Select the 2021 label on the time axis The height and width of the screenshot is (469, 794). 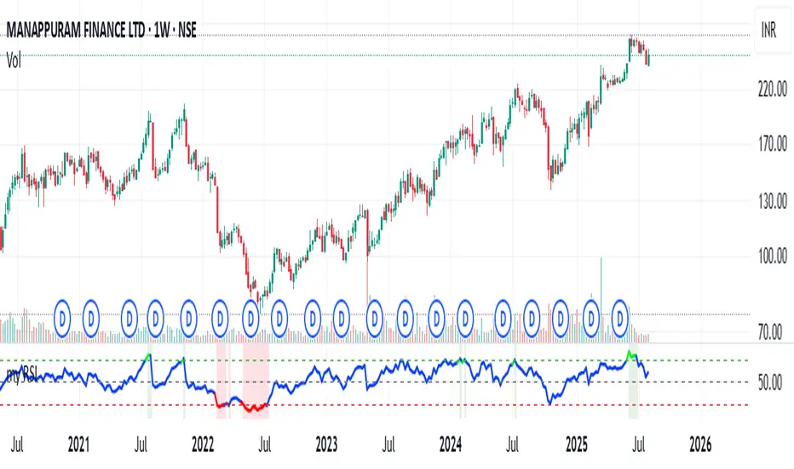point(78,444)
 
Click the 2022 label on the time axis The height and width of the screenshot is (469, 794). point(203,444)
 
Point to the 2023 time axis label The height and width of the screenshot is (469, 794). point(326,444)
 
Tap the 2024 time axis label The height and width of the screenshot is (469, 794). point(451,444)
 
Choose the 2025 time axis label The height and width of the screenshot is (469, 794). point(576,444)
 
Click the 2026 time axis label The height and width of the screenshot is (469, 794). point(699,444)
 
